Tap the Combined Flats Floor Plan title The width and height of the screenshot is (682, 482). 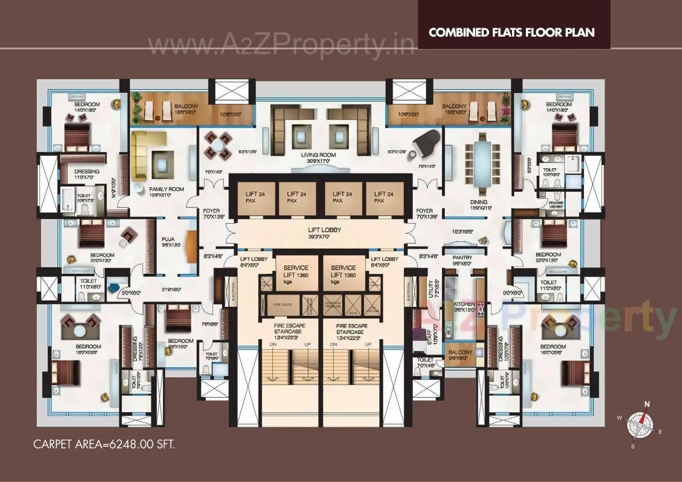coord(511,32)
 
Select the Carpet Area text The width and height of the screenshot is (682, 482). coord(104,444)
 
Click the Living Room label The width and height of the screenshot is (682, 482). coord(319,155)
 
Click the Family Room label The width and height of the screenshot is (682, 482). coord(166,189)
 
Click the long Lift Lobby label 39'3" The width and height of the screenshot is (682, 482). coord(324,230)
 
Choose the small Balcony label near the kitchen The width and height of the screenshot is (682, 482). coord(459,352)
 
